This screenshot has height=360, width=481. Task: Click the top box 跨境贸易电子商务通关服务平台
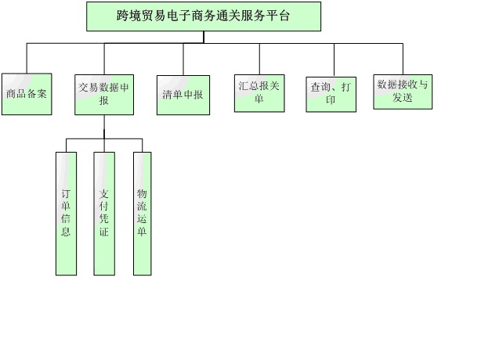203,16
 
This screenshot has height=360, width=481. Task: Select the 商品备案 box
27,94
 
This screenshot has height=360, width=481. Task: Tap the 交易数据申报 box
103,94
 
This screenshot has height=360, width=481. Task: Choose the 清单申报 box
183,95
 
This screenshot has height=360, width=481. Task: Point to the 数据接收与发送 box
403,91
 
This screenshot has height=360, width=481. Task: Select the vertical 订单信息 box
66,213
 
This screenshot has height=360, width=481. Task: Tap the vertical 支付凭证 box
104,213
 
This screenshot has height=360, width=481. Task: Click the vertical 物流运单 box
142,213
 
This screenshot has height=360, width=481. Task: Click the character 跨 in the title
122,15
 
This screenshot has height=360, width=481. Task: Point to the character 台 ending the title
283,15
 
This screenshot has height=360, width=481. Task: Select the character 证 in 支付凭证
104,232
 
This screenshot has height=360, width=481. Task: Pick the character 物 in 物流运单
142,193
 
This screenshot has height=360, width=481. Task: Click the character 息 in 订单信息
66,232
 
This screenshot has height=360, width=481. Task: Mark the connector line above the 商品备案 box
27,58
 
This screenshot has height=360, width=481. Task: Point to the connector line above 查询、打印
334,58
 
